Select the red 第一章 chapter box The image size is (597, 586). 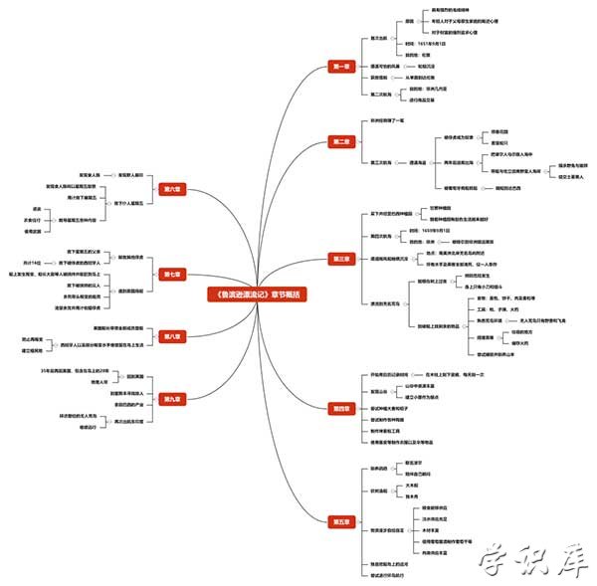point(340,67)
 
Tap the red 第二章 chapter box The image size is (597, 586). point(340,142)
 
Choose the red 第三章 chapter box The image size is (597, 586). point(340,259)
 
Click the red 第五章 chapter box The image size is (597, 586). point(340,520)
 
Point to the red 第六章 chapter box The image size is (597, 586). point(168,189)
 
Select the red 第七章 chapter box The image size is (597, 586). point(168,274)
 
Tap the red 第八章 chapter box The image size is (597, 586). point(168,336)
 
